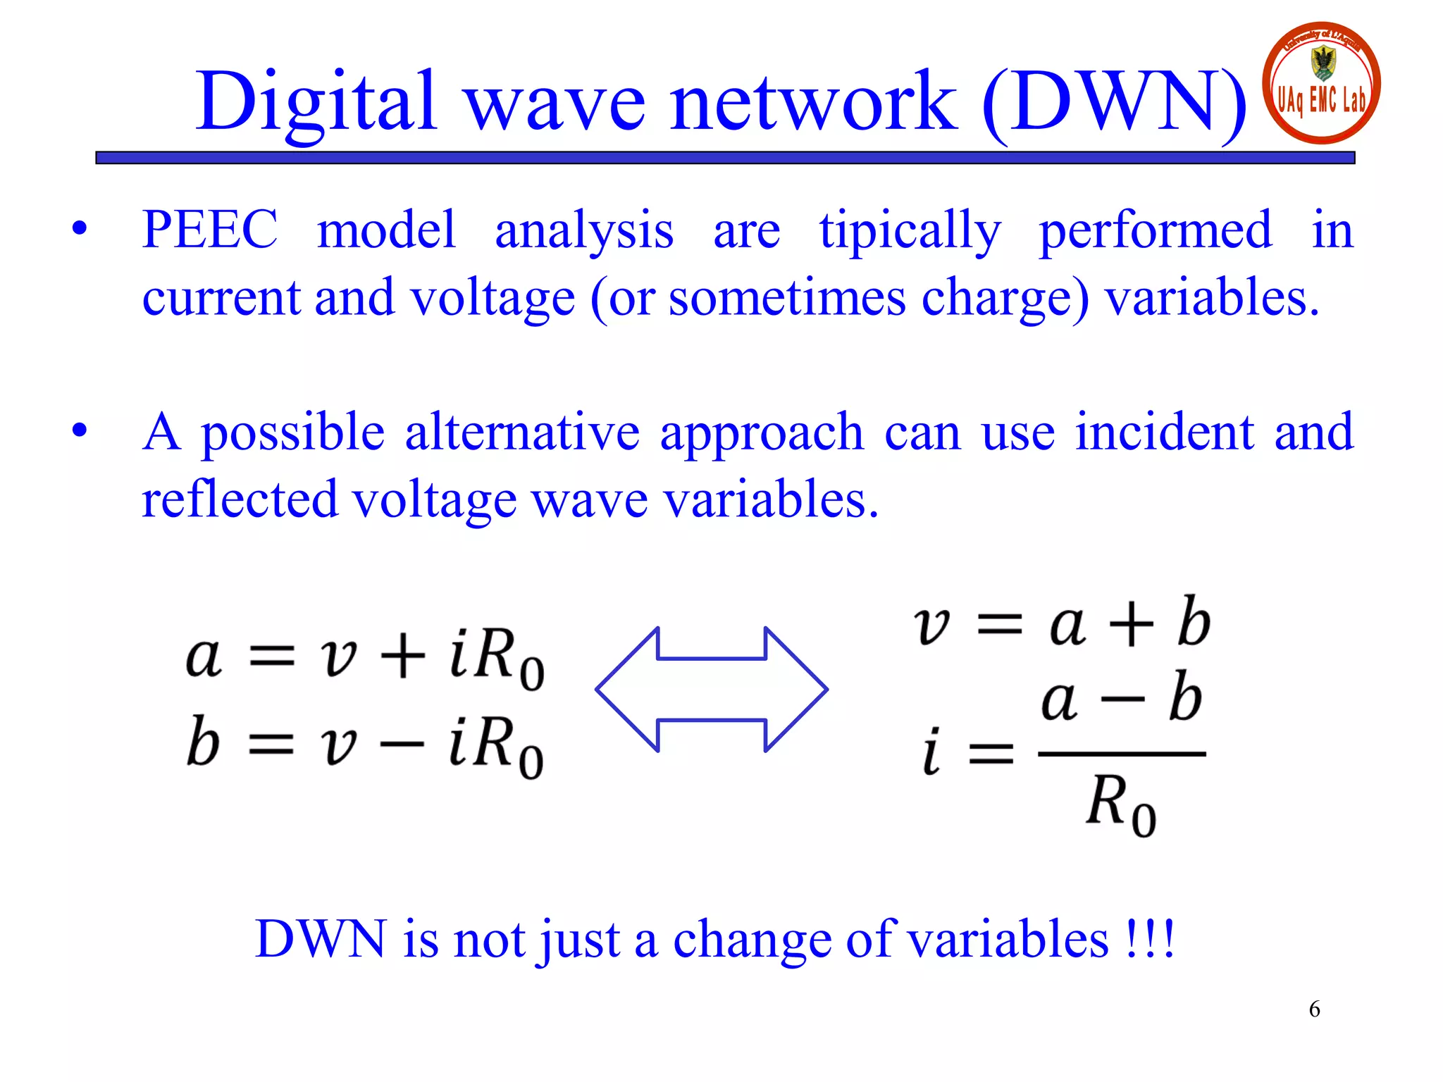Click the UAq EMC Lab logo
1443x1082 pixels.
point(1321,83)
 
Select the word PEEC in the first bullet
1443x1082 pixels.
point(209,230)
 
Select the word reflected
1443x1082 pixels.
point(240,499)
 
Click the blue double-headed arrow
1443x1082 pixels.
point(712,690)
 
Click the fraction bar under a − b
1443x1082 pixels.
point(1122,754)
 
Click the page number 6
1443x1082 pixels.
point(1314,1009)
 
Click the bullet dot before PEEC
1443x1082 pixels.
point(80,229)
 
